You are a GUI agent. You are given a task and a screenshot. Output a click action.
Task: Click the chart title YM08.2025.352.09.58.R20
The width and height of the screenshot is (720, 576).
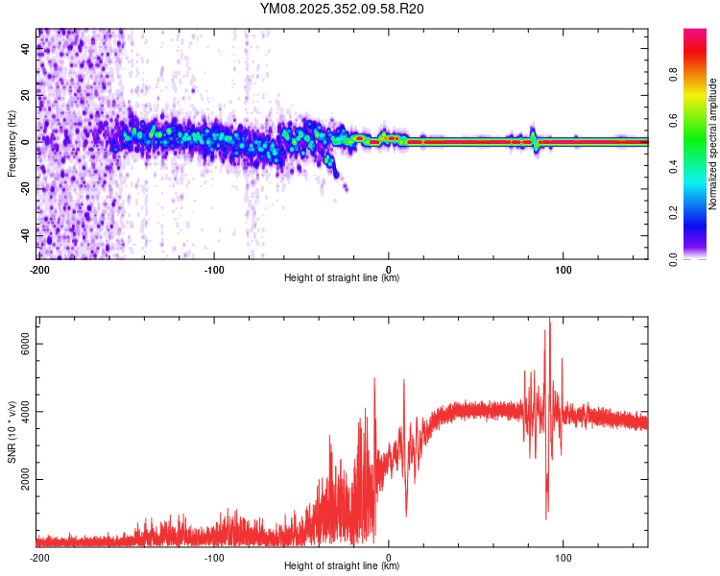click(342, 10)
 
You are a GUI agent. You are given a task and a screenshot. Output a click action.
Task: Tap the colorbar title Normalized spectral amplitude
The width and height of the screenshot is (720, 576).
click(713, 144)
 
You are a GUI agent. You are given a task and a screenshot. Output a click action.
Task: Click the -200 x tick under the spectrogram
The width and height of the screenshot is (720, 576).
click(38, 269)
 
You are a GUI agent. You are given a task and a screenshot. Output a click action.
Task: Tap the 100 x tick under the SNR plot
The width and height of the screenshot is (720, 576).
click(564, 557)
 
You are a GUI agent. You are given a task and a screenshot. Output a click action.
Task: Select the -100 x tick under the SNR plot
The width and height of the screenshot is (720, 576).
click(214, 557)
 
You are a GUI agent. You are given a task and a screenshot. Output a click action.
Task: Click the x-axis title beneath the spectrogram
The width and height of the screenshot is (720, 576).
click(342, 278)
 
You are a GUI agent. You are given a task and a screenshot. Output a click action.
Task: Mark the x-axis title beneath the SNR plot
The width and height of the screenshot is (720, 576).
click(342, 566)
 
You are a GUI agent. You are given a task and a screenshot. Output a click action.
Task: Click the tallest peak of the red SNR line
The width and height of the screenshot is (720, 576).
click(549, 319)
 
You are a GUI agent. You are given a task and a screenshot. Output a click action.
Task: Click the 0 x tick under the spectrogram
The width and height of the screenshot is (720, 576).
click(389, 269)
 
